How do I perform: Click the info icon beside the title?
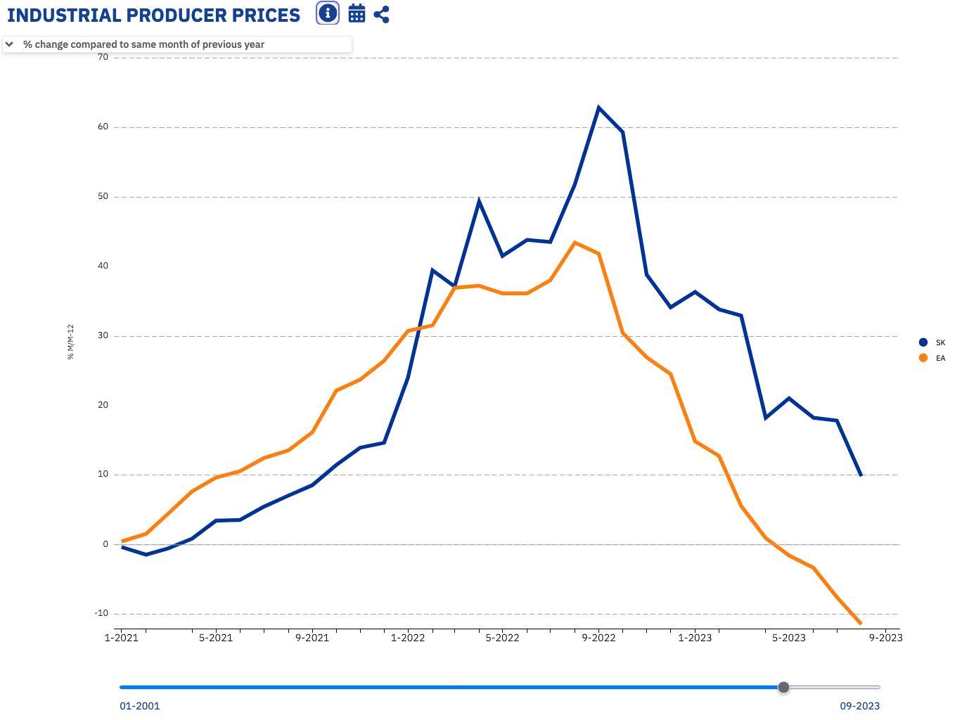tap(328, 13)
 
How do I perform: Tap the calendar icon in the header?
tap(357, 13)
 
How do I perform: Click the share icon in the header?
tap(382, 14)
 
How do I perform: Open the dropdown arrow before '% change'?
tap(9, 44)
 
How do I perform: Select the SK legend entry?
tap(923, 342)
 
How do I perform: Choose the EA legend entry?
tap(923, 358)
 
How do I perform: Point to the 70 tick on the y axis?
tap(103, 57)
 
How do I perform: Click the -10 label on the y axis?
tap(101, 613)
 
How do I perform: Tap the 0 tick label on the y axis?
tap(105, 544)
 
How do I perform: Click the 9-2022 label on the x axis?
tap(598, 638)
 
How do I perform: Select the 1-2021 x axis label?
tap(121, 638)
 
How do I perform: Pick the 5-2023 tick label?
tap(789, 638)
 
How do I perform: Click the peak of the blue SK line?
tap(598, 108)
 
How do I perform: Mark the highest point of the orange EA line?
tap(575, 243)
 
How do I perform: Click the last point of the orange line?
tap(861, 624)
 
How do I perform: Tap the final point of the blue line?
tap(861, 475)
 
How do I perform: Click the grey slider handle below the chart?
tap(783, 687)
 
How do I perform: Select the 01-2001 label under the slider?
tap(139, 706)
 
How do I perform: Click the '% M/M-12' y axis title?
tap(70, 342)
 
